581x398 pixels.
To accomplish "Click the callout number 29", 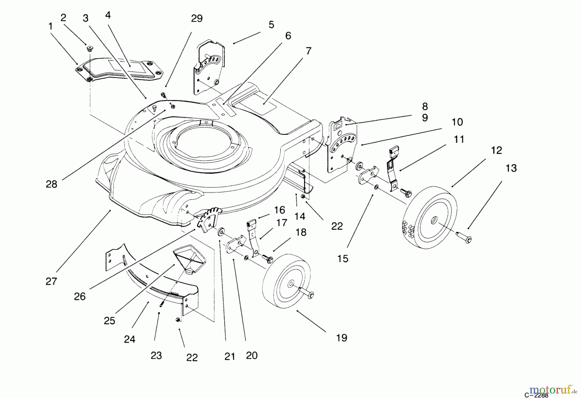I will [x=197, y=19].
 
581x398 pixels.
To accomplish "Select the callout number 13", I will [x=511, y=168].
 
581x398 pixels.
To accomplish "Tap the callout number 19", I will [x=341, y=338].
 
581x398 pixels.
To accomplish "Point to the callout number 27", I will [x=51, y=281].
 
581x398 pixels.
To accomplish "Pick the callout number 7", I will [x=308, y=51].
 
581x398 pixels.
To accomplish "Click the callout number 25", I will [x=109, y=320].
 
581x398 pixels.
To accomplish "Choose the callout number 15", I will [x=343, y=259].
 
